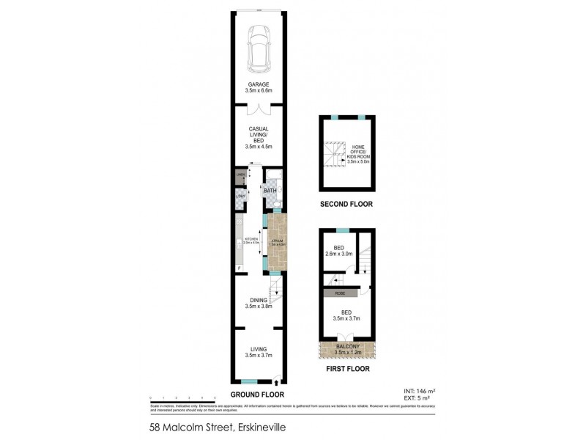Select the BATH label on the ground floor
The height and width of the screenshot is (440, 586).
coord(270,191)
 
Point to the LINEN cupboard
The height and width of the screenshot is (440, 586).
coord(240,176)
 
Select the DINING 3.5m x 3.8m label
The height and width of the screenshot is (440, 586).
coord(258,304)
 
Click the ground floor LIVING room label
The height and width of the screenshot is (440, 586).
coord(258,353)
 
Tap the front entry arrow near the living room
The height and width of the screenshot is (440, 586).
coord(276,379)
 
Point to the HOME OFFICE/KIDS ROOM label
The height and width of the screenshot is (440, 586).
coord(363,153)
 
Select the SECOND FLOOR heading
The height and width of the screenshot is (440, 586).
coord(346,204)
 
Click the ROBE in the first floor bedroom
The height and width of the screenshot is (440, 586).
coord(340,293)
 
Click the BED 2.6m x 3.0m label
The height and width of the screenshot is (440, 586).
coord(338,251)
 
